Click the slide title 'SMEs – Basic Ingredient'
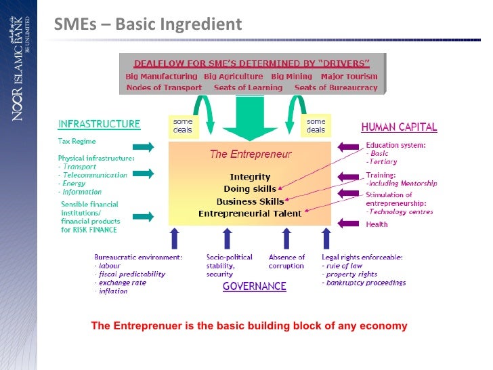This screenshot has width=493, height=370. [x=148, y=25]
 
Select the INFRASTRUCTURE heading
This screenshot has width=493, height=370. [x=99, y=125]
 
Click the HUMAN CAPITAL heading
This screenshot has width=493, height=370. [x=399, y=127]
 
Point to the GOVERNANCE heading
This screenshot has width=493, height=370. [x=255, y=287]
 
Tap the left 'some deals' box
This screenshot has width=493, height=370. [x=182, y=126]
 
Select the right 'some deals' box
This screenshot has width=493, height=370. [x=316, y=126]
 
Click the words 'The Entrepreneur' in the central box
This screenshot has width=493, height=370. [x=251, y=154]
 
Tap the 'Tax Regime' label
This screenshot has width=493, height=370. [x=77, y=142]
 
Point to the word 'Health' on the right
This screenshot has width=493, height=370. [x=377, y=225]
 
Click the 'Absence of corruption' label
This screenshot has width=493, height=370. [x=286, y=262]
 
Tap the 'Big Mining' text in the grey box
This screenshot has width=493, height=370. [x=291, y=77]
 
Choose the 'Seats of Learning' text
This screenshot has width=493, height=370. [x=248, y=87]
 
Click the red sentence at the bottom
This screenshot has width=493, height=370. [x=249, y=326]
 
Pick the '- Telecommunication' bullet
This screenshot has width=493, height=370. [x=93, y=175]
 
